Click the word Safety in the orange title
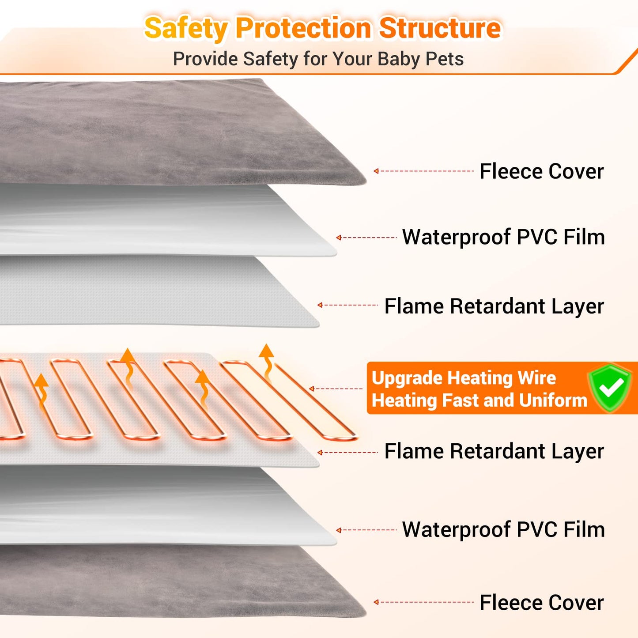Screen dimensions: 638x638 click(x=186, y=28)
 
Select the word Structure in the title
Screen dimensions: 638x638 click(x=440, y=28)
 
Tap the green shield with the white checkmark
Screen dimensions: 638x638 click(x=611, y=388)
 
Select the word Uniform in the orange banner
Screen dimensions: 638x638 click(x=553, y=400)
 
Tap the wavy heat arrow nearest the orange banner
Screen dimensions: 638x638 click(x=267, y=362)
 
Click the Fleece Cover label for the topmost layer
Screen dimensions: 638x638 click(x=541, y=171)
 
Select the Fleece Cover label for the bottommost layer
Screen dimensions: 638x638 click(x=541, y=603)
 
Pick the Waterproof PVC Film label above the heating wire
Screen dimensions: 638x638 click(x=503, y=237)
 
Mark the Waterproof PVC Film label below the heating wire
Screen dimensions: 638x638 click(x=503, y=529)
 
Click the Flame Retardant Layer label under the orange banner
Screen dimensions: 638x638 click(x=494, y=451)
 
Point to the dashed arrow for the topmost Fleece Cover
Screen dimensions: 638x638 click(x=423, y=171)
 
